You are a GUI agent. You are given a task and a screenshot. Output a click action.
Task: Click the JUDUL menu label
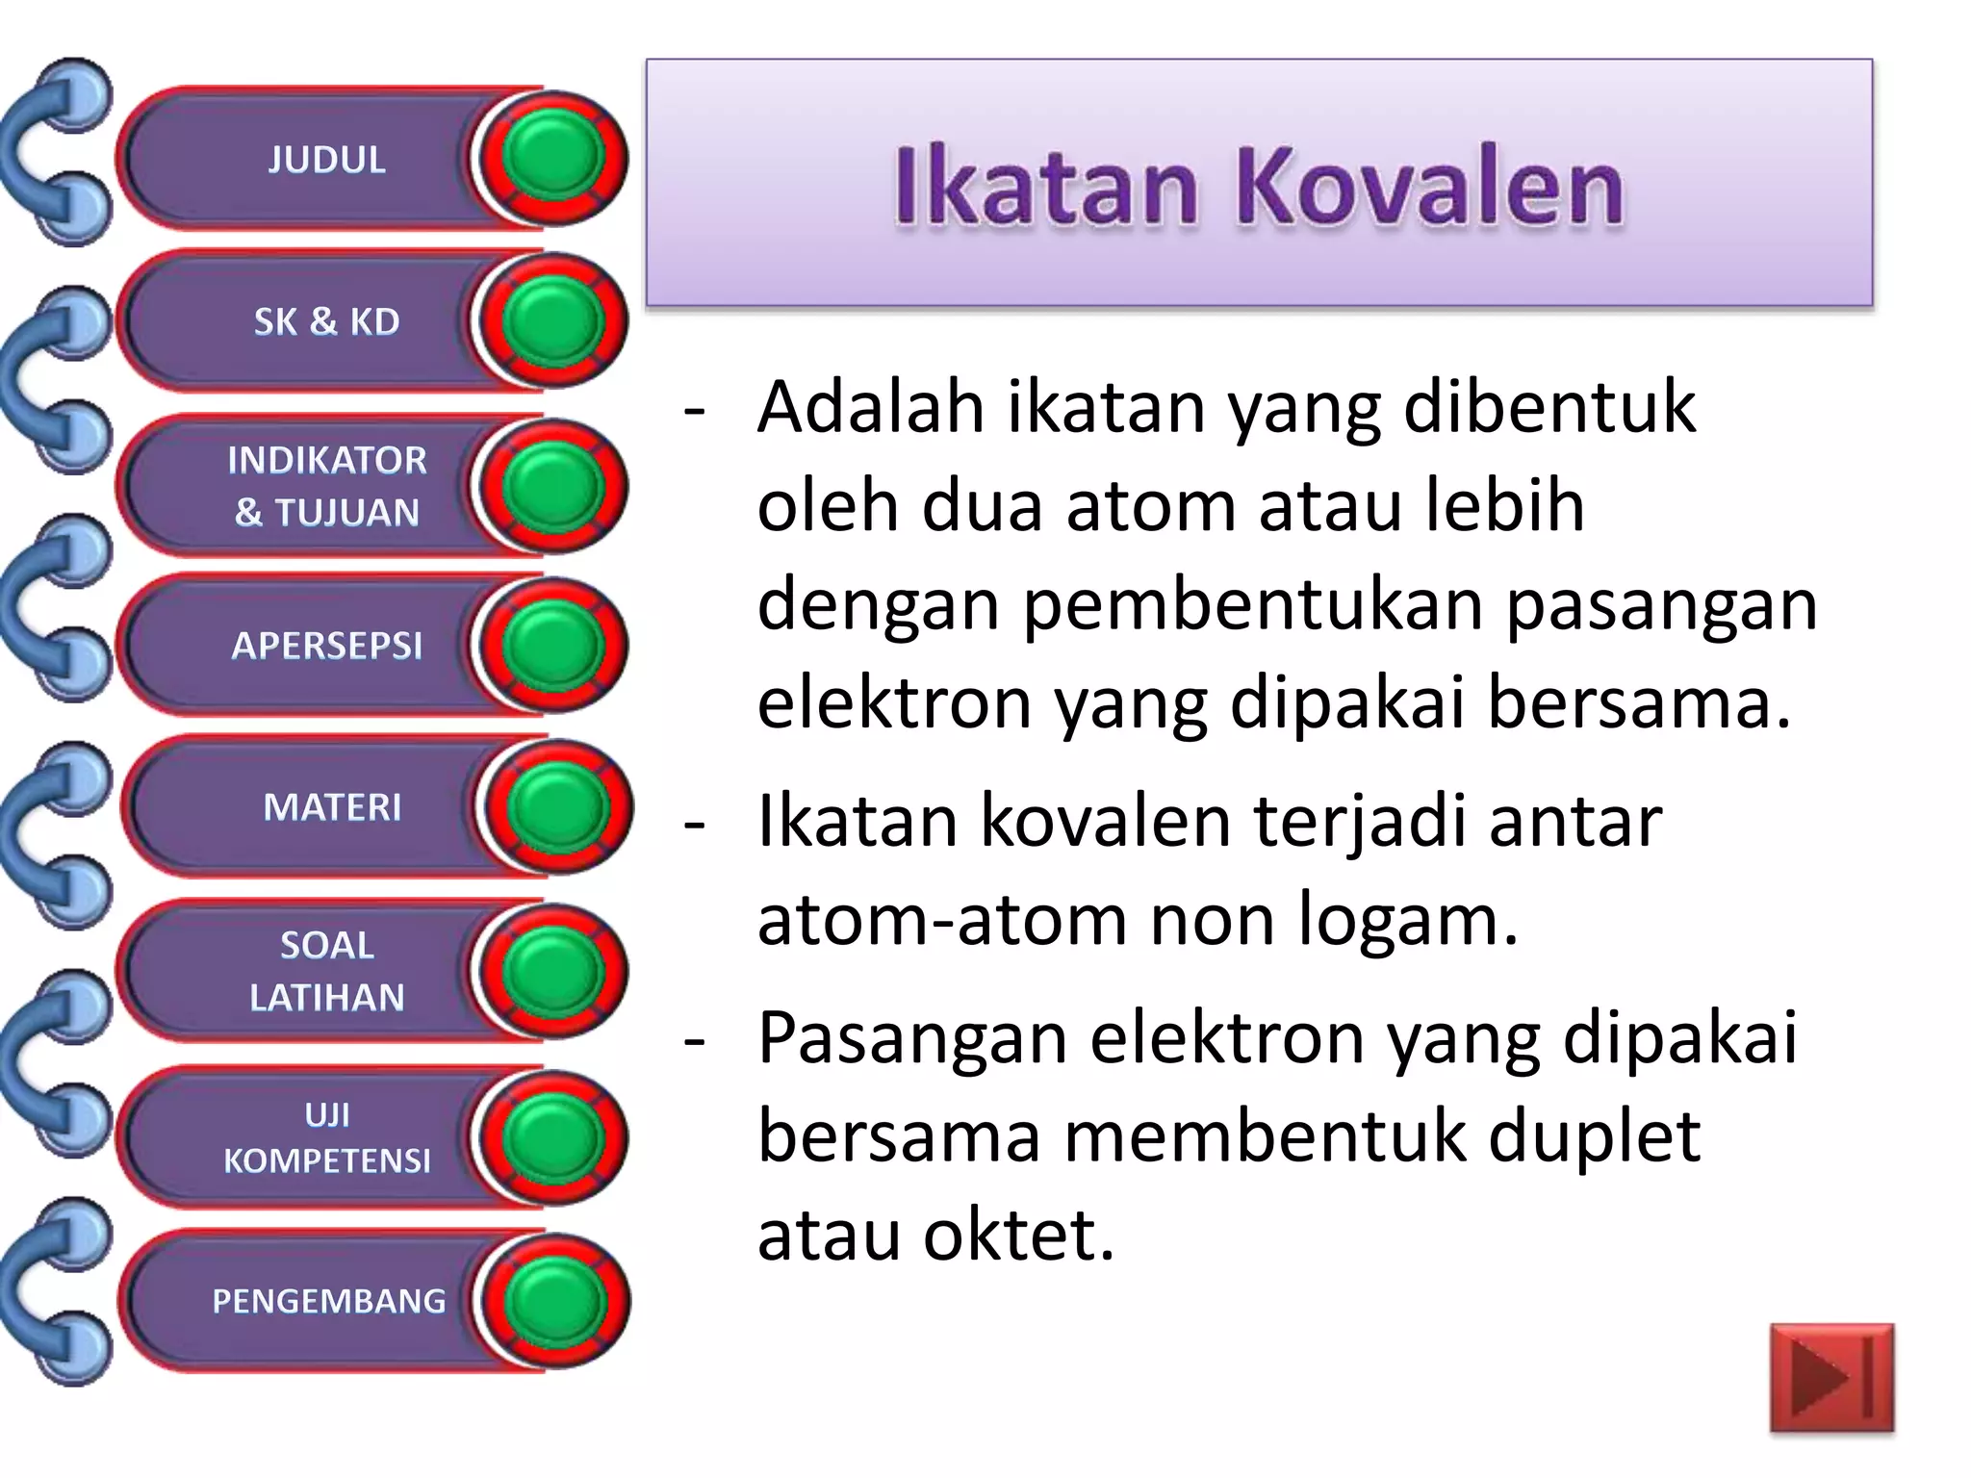click(326, 160)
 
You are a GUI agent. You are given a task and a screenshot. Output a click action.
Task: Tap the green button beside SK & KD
click(552, 321)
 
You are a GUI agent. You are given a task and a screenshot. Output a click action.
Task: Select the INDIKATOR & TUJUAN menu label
click(326, 486)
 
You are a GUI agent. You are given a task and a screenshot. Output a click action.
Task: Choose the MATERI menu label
click(332, 807)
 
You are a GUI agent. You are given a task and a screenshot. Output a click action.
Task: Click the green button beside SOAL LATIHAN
click(552, 972)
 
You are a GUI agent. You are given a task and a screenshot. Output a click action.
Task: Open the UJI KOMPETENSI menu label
click(326, 1137)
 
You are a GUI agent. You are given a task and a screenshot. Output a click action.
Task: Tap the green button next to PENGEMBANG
click(554, 1301)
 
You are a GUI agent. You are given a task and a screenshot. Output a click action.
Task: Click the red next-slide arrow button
click(1830, 1378)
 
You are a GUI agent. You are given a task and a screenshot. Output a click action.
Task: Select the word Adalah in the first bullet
click(870, 408)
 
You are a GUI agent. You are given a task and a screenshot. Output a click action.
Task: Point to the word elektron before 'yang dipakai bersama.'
click(894, 703)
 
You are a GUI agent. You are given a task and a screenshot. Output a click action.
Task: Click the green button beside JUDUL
click(552, 158)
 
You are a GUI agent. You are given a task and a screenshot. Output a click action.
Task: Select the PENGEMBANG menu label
click(328, 1301)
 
